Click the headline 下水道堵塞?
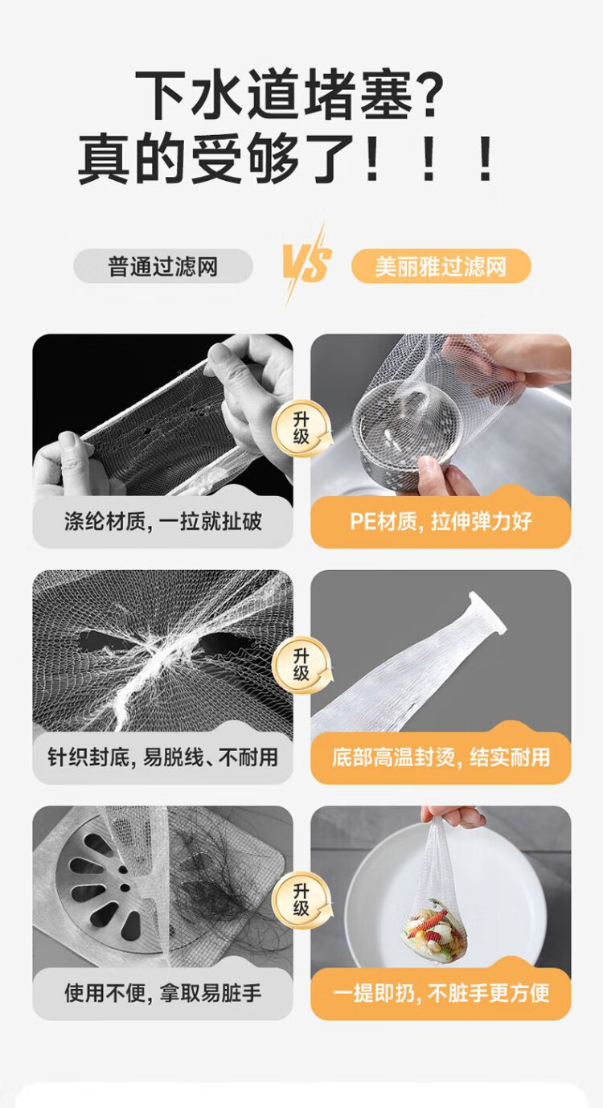(x=289, y=94)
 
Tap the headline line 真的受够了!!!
(x=286, y=159)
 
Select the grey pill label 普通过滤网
(x=163, y=266)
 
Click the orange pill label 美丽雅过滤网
(x=441, y=266)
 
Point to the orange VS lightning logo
(x=306, y=265)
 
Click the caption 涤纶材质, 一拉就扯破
(x=162, y=521)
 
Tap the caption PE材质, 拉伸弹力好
(x=441, y=521)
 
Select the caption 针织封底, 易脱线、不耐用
(x=162, y=757)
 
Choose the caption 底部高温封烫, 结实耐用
(x=441, y=757)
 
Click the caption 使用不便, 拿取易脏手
(x=162, y=993)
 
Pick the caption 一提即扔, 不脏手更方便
(x=441, y=993)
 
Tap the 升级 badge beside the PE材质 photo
(x=301, y=429)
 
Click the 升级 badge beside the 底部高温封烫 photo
(x=301, y=664)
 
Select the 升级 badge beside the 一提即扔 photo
(x=301, y=900)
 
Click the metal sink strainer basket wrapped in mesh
(x=407, y=429)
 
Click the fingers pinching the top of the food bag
(x=453, y=816)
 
